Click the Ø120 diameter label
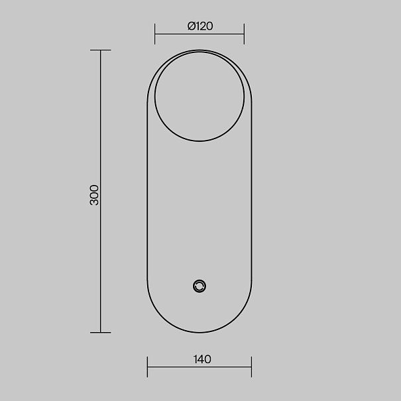[200, 26]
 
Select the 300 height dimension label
[94, 195]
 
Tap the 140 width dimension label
[202, 359]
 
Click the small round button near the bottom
[200, 286]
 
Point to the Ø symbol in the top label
[192, 26]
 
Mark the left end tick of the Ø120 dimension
[154, 34]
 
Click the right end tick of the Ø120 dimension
[244, 34]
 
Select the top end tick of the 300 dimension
[101, 50]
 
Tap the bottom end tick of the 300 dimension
[101, 333]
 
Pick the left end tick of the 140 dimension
[147, 367]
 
